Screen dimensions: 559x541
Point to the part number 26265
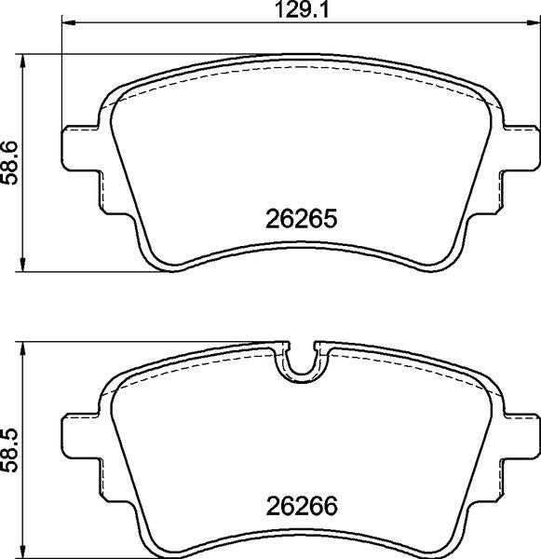point(300,222)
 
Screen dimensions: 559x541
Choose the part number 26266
point(300,509)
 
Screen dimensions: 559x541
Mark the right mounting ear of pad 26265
point(518,149)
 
